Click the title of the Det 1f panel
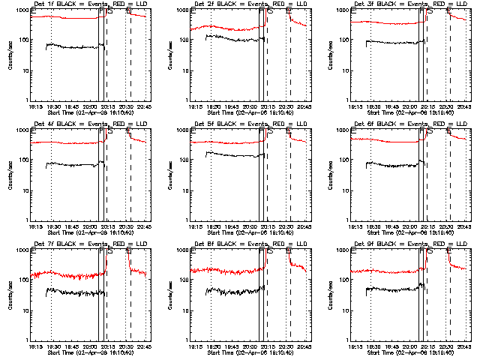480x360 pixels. click(82, 4)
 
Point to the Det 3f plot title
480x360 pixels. click(403, 4)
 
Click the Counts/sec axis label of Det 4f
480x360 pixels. click(10, 175)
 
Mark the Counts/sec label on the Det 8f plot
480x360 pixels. click(170, 295)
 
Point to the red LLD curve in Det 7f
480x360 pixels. click(67, 274)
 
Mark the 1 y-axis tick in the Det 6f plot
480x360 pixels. click(346, 220)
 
